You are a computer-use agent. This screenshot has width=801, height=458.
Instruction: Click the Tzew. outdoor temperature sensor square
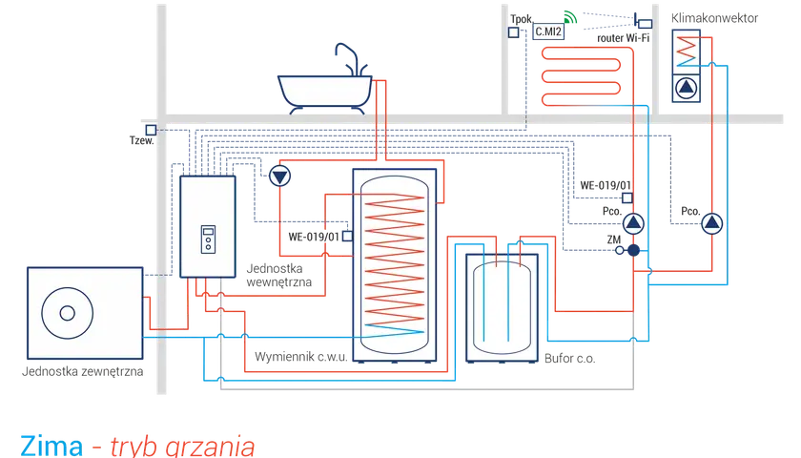point(151,130)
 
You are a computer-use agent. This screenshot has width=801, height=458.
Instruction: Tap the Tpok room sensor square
point(513,32)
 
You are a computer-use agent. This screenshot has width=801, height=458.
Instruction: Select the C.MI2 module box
point(548,31)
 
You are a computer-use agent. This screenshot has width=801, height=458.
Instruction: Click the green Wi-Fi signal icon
point(570,17)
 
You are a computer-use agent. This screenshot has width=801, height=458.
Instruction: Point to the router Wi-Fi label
point(624,38)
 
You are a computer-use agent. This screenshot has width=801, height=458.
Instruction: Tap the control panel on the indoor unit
point(209,239)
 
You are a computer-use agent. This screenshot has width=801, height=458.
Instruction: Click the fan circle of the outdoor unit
point(68,313)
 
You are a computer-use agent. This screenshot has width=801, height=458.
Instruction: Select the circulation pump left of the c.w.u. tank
point(279,177)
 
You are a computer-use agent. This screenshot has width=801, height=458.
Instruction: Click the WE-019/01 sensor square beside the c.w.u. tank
point(347,237)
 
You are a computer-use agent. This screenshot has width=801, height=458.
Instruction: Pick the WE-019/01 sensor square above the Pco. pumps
point(627,198)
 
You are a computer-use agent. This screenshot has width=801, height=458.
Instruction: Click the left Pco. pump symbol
point(633,223)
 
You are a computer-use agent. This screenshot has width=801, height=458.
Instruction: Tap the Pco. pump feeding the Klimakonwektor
point(711,223)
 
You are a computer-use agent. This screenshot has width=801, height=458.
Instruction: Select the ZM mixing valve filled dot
point(633,250)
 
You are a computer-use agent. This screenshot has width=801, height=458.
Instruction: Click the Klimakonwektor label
point(714,18)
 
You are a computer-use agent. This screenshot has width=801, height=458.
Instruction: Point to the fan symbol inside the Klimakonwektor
point(686,88)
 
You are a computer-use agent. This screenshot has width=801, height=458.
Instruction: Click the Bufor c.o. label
point(569,359)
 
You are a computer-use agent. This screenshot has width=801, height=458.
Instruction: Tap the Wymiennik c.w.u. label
point(301,357)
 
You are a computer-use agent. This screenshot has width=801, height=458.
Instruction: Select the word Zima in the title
point(51,446)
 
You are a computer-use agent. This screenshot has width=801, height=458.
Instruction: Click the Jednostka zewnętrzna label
point(82,371)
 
